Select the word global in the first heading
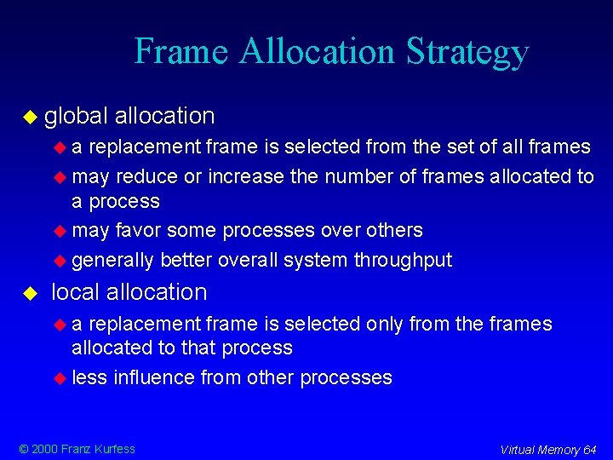click(x=77, y=115)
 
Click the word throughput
click(x=403, y=260)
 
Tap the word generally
click(x=112, y=260)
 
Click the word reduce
click(x=141, y=176)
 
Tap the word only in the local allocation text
click(x=383, y=324)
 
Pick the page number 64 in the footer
click(x=590, y=450)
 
